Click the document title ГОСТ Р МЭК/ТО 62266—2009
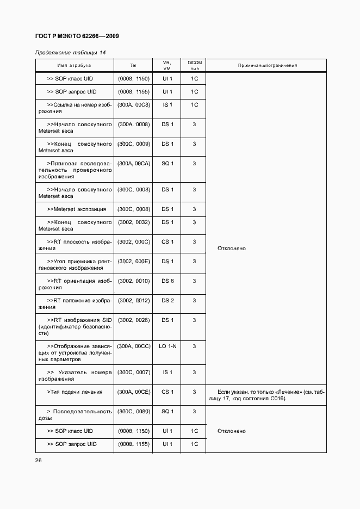77,36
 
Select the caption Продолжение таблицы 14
70,52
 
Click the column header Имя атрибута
74,66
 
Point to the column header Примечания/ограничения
267,66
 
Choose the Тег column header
133,66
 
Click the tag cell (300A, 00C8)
133,104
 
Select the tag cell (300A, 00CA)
133,163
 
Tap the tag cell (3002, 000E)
133,261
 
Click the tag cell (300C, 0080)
133,411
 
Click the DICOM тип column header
194,66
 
